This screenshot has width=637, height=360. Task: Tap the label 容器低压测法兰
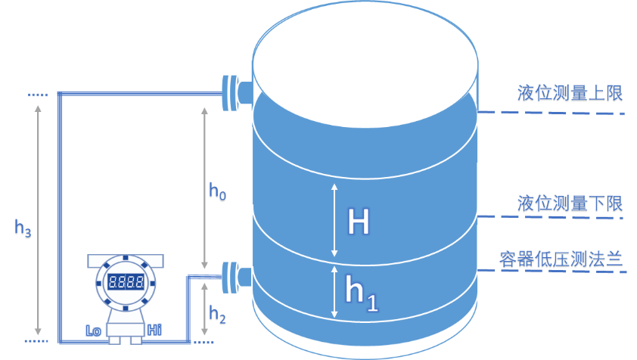click(561, 260)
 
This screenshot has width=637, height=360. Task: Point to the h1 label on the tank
click(361, 292)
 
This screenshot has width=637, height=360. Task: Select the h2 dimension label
click(217, 312)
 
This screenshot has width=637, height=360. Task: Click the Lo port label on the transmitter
click(94, 330)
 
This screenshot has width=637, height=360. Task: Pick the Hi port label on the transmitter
click(154, 330)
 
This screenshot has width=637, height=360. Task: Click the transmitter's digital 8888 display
click(126, 283)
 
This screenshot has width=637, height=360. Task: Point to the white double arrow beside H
click(334, 219)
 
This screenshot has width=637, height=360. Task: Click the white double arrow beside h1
click(334, 291)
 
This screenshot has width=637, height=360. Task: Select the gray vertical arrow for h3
click(39, 219)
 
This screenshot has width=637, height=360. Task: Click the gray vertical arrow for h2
click(203, 310)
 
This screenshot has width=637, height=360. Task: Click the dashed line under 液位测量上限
click(552, 113)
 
